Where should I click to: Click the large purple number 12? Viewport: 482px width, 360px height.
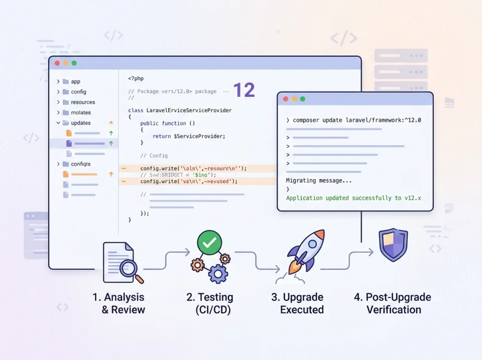pos(244,90)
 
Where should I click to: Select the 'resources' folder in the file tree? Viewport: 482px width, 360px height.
pos(82,102)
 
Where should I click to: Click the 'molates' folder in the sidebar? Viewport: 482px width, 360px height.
pos(80,112)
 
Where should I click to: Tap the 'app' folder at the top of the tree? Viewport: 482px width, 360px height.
pos(75,81)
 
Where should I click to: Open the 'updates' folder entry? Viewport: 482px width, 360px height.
pos(80,123)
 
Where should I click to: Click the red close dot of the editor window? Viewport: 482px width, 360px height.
pos(57,63)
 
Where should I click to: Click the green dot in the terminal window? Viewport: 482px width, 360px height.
pos(302,99)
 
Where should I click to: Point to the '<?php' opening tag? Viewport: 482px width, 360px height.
pos(136,78)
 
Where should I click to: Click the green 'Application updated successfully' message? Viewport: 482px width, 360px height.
pos(353,198)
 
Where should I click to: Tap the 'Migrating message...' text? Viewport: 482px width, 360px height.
pos(319,180)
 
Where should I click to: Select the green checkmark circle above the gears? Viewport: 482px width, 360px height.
pos(209,244)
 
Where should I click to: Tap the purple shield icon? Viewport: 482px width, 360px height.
pos(393,246)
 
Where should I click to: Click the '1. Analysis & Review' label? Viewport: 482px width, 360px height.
pos(118,303)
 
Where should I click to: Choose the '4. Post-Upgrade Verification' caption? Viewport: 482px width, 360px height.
pos(393,303)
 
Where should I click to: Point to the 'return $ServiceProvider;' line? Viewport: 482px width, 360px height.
pos(189,136)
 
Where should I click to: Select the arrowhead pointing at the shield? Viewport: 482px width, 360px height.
pos(371,252)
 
